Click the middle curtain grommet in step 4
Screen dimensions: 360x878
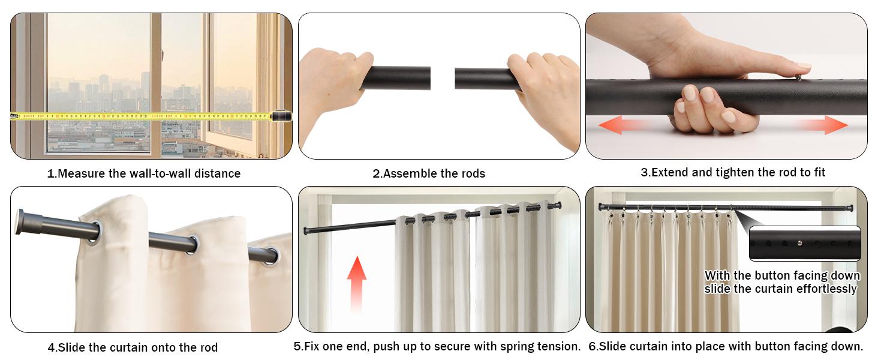[x=192, y=244]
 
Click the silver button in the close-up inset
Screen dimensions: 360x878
[x=800, y=243]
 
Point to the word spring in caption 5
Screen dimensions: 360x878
[x=515, y=346]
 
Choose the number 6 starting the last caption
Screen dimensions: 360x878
[x=591, y=346]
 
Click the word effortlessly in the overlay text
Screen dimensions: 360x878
[x=826, y=289]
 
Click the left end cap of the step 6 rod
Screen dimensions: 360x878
[x=601, y=206]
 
